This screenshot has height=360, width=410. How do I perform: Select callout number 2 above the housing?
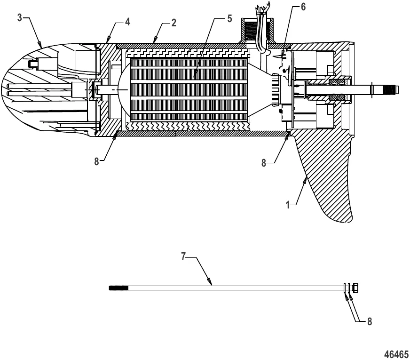pyautogui.click(x=173, y=23)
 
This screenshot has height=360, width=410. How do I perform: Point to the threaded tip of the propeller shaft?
pyautogui.click(x=390, y=89)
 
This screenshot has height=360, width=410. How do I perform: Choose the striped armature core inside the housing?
pyautogui.click(x=188, y=89)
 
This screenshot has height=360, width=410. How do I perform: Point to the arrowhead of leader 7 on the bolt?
pyautogui.click(x=212, y=284)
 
